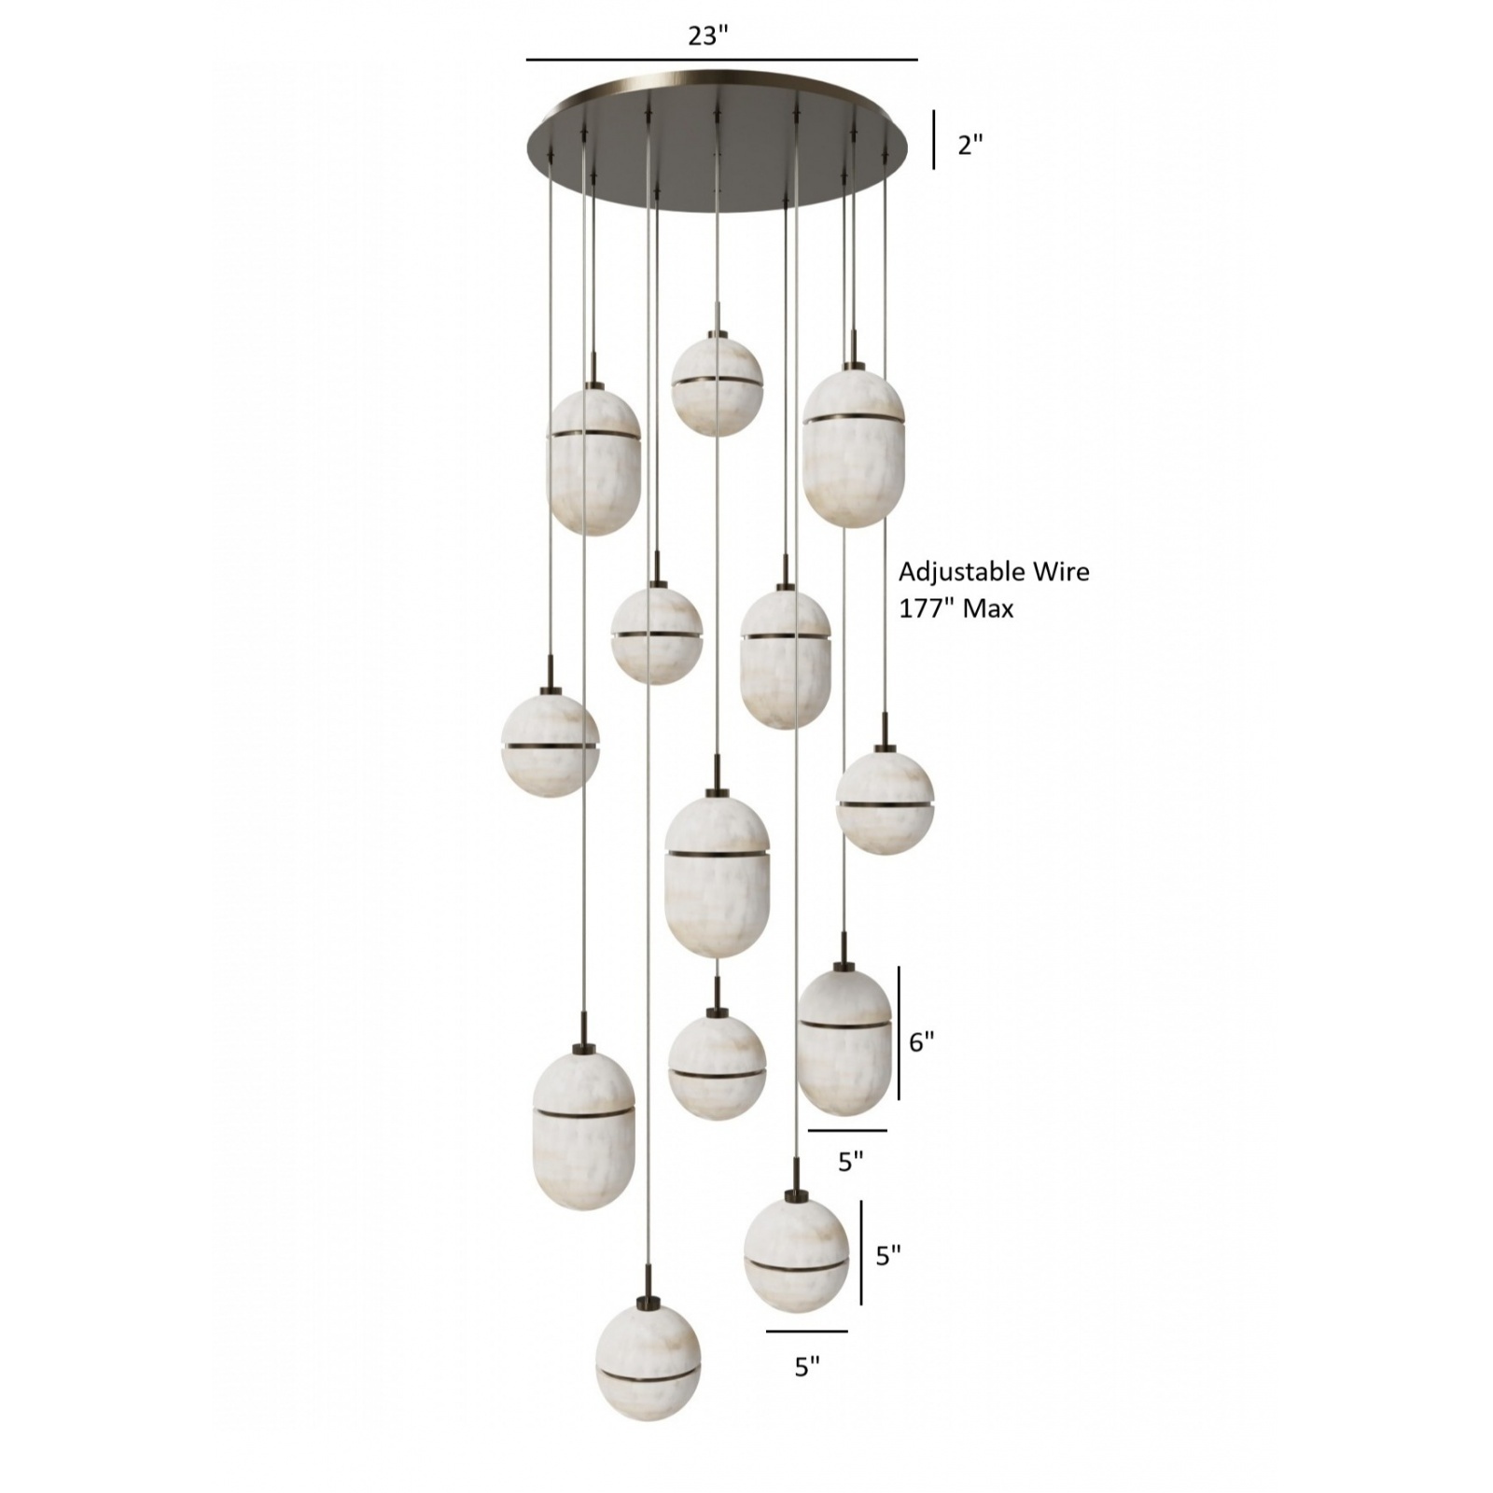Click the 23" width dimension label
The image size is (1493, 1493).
coord(707,35)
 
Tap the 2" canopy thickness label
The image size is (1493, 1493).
coord(970,145)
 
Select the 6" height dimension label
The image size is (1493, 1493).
coord(922,1041)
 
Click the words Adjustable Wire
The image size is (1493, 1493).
coord(994,571)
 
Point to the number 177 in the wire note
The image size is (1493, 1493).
coord(922,608)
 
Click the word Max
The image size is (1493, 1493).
coord(988,609)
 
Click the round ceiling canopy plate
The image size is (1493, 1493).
coord(718,140)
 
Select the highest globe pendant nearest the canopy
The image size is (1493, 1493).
coord(718,385)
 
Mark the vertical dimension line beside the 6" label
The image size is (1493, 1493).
coord(900,1032)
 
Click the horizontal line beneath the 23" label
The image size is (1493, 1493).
coord(722,60)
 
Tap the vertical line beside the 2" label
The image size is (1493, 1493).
coord(934,140)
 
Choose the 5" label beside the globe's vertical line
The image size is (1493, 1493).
coord(888,1255)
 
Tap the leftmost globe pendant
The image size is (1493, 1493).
coord(551,742)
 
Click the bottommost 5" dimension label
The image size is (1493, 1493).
coord(807,1366)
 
